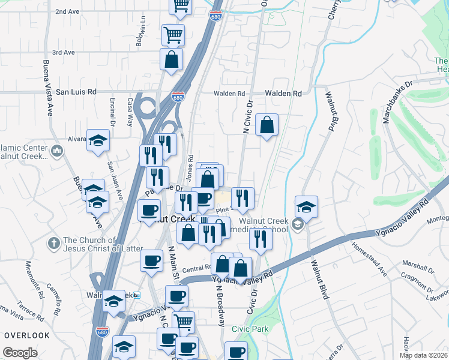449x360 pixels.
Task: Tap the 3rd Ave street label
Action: [63, 52]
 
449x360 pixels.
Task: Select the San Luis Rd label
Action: [76, 92]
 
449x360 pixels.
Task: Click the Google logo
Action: [20, 353]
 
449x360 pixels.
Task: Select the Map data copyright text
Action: [423, 355]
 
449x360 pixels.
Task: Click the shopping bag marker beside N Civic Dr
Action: [267, 125]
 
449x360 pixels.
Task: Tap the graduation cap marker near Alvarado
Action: [98, 141]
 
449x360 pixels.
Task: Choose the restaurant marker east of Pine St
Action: [243, 198]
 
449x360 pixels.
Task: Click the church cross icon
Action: [54, 243]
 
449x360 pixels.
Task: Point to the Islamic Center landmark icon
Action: [57, 149]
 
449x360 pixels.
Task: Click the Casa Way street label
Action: [130, 110]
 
